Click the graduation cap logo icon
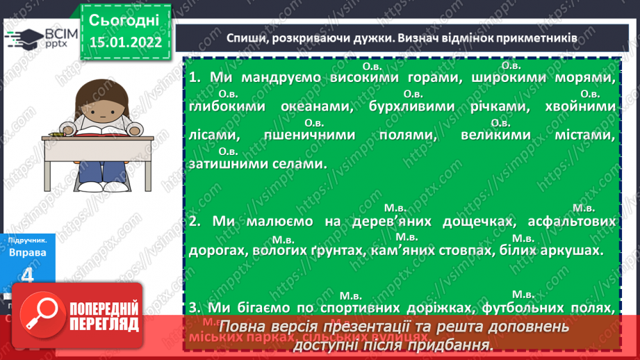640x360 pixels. pos(22,38)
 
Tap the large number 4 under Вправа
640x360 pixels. pos(28,275)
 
